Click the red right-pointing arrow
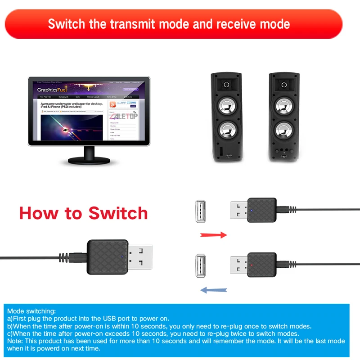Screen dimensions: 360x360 (214, 234)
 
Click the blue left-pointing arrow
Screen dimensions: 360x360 (213, 290)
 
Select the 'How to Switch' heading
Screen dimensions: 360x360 (84, 212)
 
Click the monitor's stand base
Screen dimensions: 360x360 (89, 160)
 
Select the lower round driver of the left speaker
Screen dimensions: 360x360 (226, 130)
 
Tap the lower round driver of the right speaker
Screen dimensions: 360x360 (284, 130)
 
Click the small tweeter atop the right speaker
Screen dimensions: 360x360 (284, 84)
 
